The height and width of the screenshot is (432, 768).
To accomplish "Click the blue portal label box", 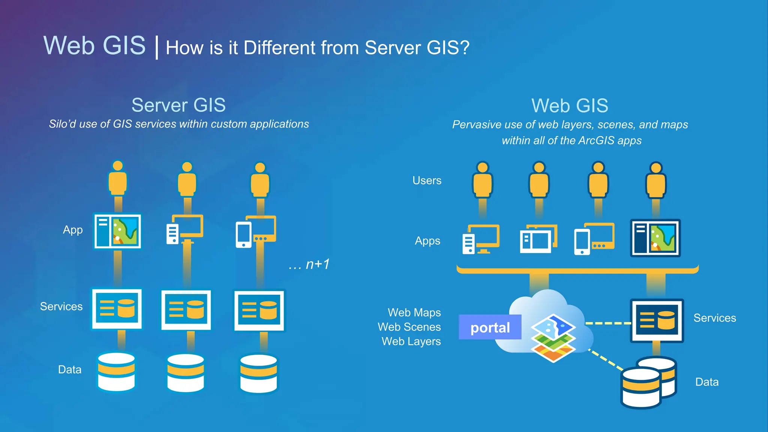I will [x=490, y=327].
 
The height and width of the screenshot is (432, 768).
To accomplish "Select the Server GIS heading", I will [x=178, y=105].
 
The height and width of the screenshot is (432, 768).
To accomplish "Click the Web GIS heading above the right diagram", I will [x=570, y=106].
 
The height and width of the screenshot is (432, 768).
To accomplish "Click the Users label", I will [x=427, y=180].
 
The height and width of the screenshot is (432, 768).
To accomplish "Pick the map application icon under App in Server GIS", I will [x=117, y=231].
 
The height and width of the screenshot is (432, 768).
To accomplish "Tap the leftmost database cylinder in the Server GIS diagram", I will [x=116, y=372].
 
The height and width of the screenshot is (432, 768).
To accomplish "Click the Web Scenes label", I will [x=409, y=327].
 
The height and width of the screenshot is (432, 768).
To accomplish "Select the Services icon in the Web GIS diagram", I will [x=657, y=321].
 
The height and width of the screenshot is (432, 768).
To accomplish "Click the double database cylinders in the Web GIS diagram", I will [x=649, y=382].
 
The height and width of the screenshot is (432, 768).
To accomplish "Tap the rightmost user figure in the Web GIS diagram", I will [x=655, y=180].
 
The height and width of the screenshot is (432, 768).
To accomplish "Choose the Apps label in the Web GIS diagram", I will [x=427, y=241].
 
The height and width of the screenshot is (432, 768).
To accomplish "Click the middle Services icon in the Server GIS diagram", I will [x=186, y=310].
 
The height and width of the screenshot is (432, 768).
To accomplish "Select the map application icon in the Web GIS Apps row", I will [x=655, y=238].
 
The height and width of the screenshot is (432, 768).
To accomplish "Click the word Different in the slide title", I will [x=279, y=48].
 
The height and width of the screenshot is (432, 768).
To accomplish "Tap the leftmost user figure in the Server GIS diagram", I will [x=118, y=179].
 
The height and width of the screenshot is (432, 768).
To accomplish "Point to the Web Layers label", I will [x=411, y=341].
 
